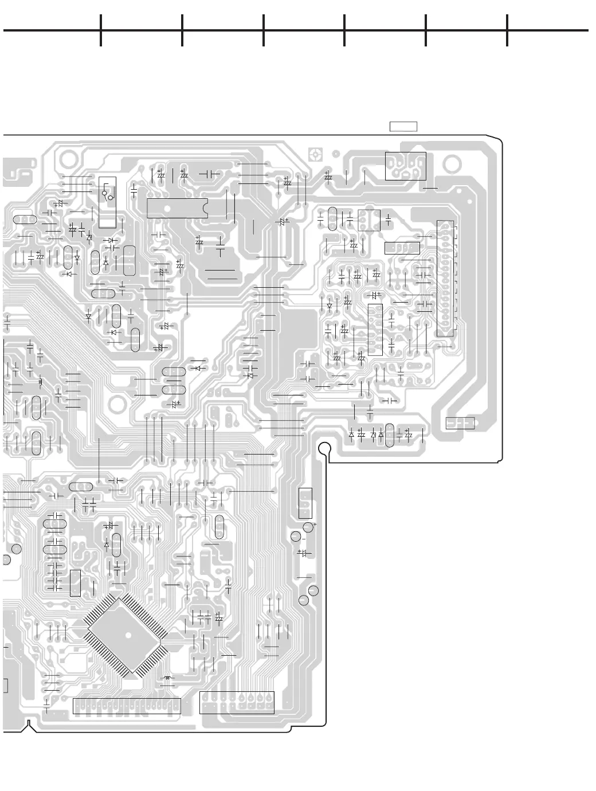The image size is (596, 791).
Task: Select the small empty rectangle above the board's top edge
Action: [403, 127]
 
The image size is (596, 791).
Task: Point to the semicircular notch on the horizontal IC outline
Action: [205, 207]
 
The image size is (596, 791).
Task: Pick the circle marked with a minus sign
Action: [296, 537]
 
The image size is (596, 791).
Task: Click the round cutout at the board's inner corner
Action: [324, 448]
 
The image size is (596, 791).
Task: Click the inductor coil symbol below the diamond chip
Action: [167, 678]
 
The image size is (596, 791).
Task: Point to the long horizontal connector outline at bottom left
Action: [127, 706]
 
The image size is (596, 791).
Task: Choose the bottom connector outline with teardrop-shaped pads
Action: [237, 702]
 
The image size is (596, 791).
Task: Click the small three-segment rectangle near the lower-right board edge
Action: [460, 423]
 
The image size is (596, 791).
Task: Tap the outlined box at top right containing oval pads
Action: [406, 166]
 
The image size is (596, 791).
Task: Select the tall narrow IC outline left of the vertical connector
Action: [375, 330]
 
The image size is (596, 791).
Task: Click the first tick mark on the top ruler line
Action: [101, 30]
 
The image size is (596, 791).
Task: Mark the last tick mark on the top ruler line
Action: [507, 30]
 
